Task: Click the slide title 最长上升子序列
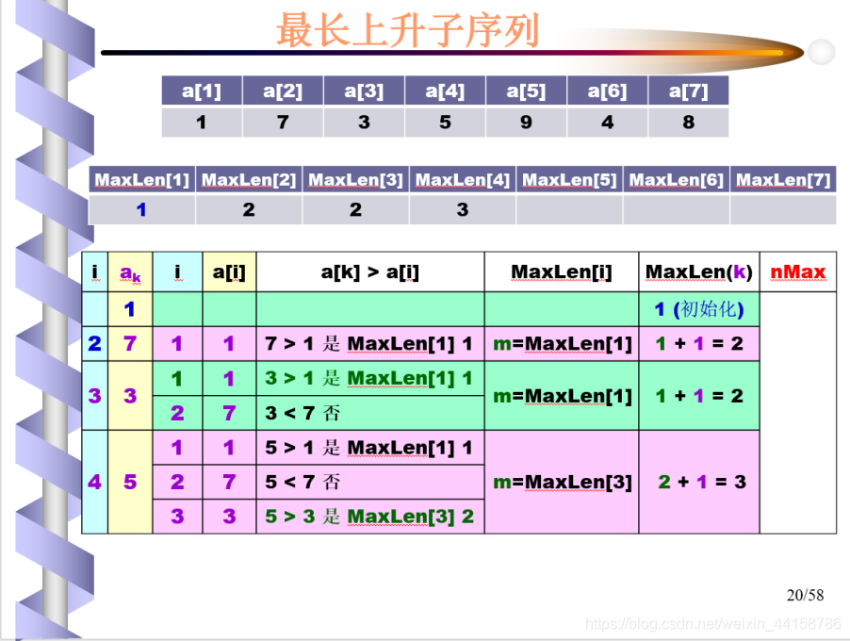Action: tap(408, 30)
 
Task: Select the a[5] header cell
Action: tap(526, 90)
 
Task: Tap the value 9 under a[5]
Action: tap(526, 123)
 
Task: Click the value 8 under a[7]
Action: tap(689, 123)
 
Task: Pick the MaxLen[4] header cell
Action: tap(463, 179)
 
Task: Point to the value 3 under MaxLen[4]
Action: tap(463, 210)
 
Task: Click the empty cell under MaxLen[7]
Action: tap(783, 210)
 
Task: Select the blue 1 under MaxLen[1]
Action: tap(141, 210)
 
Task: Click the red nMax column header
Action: tap(798, 271)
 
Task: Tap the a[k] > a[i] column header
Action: tap(370, 271)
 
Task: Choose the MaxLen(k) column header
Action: tap(699, 271)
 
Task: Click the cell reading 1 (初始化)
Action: tap(699, 309)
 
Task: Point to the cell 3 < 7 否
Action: tap(370, 413)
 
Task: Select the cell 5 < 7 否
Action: tap(370, 482)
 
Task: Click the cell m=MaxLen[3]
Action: tap(562, 482)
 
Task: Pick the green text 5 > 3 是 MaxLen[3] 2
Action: tap(369, 517)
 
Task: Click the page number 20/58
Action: tap(805, 595)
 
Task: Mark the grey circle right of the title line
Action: tap(822, 52)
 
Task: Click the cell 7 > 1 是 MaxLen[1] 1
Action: tap(370, 344)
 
